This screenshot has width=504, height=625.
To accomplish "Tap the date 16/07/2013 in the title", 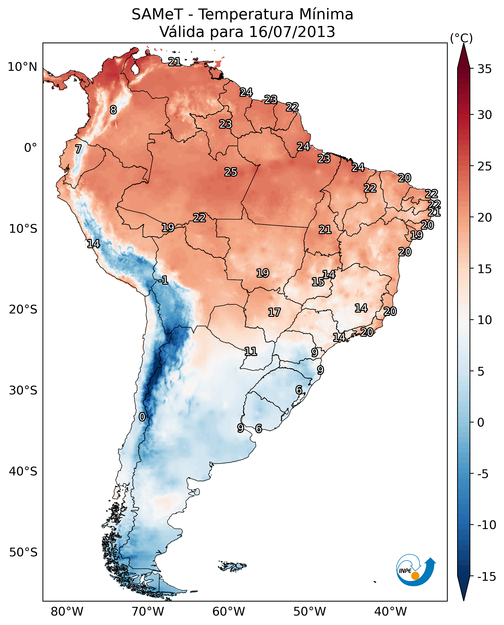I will [x=292, y=32].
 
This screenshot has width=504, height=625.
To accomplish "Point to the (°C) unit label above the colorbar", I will [x=461, y=38].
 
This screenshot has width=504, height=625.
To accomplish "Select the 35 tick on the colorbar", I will [x=484, y=69].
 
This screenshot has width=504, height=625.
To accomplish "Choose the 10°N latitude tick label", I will [x=22, y=67].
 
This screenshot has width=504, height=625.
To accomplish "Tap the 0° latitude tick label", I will [x=30, y=148].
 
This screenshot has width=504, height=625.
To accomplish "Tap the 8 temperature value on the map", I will [x=113, y=110].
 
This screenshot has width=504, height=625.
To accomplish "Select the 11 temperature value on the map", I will [x=251, y=351].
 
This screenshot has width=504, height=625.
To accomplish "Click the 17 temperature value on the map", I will [x=274, y=312].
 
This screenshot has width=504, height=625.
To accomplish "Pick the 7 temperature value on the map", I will [x=78, y=149].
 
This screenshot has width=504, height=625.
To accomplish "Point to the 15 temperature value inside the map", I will [x=318, y=282].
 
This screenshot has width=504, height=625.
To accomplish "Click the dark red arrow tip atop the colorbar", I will [x=464, y=54].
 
